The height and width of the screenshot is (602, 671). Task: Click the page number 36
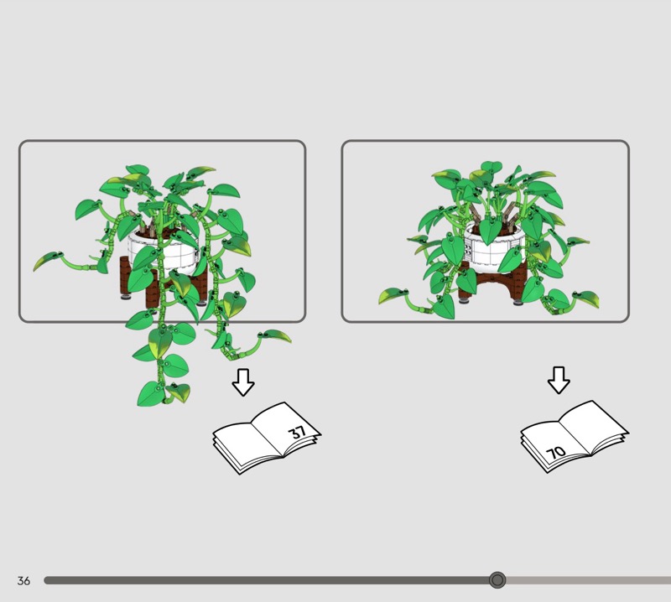point(23,580)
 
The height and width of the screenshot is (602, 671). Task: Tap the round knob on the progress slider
point(497,580)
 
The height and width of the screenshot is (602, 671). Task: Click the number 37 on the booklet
point(298,432)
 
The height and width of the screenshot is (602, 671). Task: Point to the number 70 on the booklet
point(556,452)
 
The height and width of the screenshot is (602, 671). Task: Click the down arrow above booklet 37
point(243,382)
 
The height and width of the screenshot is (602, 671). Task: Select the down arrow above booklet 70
point(559,380)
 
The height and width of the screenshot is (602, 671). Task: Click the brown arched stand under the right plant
point(492,284)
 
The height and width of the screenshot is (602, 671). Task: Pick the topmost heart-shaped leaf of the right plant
point(492,167)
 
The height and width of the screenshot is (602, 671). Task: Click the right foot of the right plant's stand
point(518,303)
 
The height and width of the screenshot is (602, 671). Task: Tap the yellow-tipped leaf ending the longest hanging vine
point(179,392)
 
